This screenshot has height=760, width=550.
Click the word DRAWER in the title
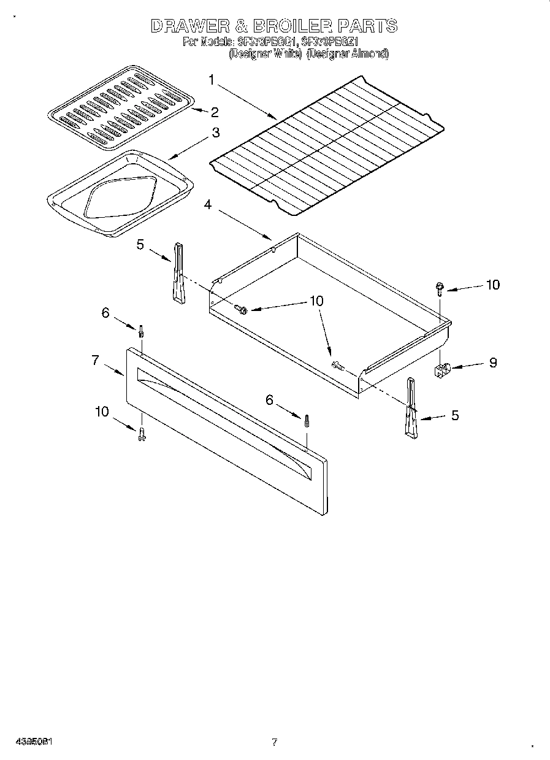[187, 26]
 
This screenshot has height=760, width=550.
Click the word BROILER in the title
[287, 26]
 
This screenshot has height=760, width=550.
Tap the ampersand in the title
[235, 26]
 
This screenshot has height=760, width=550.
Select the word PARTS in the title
[367, 26]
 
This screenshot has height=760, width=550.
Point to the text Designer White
[265, 53]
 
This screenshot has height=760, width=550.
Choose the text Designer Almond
[347, 53]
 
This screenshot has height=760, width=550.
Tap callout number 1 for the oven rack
[211, 80]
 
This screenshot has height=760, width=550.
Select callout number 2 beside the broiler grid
[214, 112]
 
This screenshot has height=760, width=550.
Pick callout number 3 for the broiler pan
[215, 132]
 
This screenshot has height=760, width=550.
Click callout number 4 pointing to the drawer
[208, 205]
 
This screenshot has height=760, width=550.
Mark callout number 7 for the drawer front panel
[95, 361]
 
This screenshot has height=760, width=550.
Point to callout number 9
[492, 363]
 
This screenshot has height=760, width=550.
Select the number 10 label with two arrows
[316, 301]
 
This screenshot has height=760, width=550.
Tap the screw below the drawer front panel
[142, 434]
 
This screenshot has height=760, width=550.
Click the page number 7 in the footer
[274, 742]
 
